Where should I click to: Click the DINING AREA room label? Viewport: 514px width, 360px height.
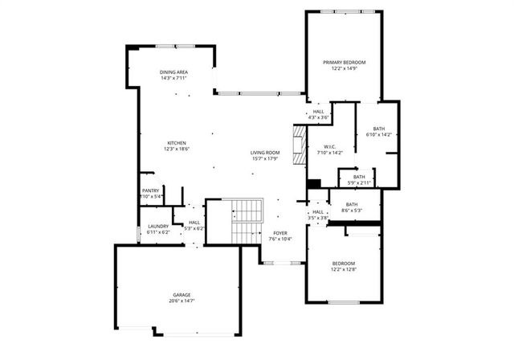[173, 72]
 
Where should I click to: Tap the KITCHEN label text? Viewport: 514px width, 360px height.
[177, 143]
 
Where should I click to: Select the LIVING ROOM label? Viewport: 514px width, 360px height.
[264, 152]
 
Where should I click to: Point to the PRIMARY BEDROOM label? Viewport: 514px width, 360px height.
[345, 63]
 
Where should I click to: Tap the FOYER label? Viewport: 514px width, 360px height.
[279, 233]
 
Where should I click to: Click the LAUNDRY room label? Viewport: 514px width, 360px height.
[158, 226]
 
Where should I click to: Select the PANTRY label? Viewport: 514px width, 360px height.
[151, 190]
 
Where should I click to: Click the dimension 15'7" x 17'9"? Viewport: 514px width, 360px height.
[264, 158]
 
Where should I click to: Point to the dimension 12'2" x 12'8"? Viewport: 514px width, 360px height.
[344, 270]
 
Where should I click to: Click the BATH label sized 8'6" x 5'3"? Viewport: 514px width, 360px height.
[352, 204]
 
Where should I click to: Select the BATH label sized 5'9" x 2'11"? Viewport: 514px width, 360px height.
[359, 177]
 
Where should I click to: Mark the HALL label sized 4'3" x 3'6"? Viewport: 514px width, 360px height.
[319, 112]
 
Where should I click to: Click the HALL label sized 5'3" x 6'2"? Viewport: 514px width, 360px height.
[195, 223]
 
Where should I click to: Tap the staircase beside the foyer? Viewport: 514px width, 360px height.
[247, 221]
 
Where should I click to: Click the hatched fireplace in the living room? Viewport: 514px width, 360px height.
[299, 145]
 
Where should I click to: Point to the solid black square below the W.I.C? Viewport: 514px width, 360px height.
[314, 183]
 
